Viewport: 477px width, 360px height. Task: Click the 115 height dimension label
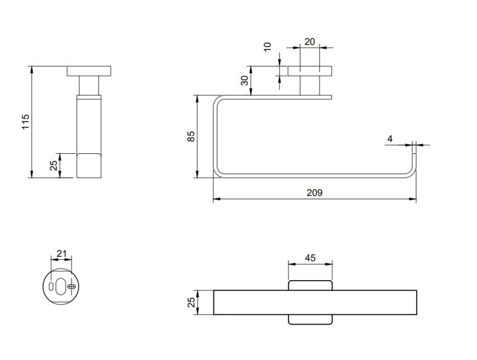(x=25, y=122)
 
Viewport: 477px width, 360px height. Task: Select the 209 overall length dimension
(x=314, y=193)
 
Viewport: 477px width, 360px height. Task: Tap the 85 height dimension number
(x=191, y=136)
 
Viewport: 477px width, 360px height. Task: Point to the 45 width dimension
(x=310, y=258)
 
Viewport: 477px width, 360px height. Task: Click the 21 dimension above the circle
(x=61, y=253)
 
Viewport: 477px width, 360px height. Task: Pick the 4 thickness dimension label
(x=390, y=139)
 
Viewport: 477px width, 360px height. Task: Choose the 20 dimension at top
(x=309, y=41)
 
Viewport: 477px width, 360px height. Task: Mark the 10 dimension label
(x=267, y=47)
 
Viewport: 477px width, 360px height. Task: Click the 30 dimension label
(x=244, y=80)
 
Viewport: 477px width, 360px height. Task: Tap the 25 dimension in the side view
(x=53, y=165)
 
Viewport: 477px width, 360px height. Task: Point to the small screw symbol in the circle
(x=72, y=287)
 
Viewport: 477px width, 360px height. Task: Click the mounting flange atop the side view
(x=89, y=70)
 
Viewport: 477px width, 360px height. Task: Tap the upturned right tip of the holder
(x=415, y=160)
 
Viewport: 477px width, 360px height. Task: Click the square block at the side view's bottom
(x=89, y=165)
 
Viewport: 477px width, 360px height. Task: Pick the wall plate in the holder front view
(x=310, y=70)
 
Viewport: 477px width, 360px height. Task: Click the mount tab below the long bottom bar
(x=310, y=319)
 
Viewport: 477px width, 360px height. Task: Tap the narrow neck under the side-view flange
(x=89, y=85)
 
